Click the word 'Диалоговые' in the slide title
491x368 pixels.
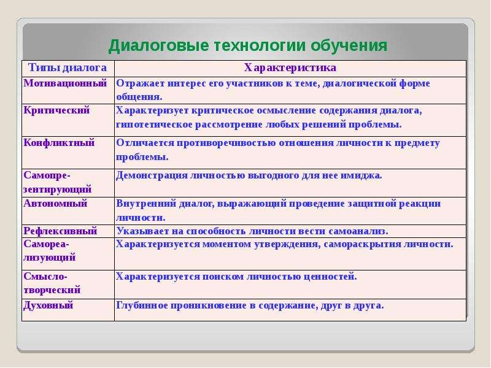[x=158, y=45]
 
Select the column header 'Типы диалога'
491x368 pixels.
[x=68, y=67]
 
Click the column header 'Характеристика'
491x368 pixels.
[x=290, y=67]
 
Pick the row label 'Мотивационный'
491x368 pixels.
[x=65, y=83]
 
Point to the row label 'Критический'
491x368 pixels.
[x=56, y=110]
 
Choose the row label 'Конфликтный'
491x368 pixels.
[x=59, y=143]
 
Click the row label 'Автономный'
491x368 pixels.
[x=55, y=204]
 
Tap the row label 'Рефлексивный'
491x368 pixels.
[x=60, y=231]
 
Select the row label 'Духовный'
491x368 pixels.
[x=48, y=305]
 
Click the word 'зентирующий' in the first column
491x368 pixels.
[x=58, y=190]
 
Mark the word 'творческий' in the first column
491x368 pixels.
[x=52, y=290]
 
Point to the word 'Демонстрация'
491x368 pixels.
[x=152, y=175]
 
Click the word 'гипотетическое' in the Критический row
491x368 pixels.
[x=155, y=125]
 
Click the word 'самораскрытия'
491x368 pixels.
[x=362, y=244]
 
